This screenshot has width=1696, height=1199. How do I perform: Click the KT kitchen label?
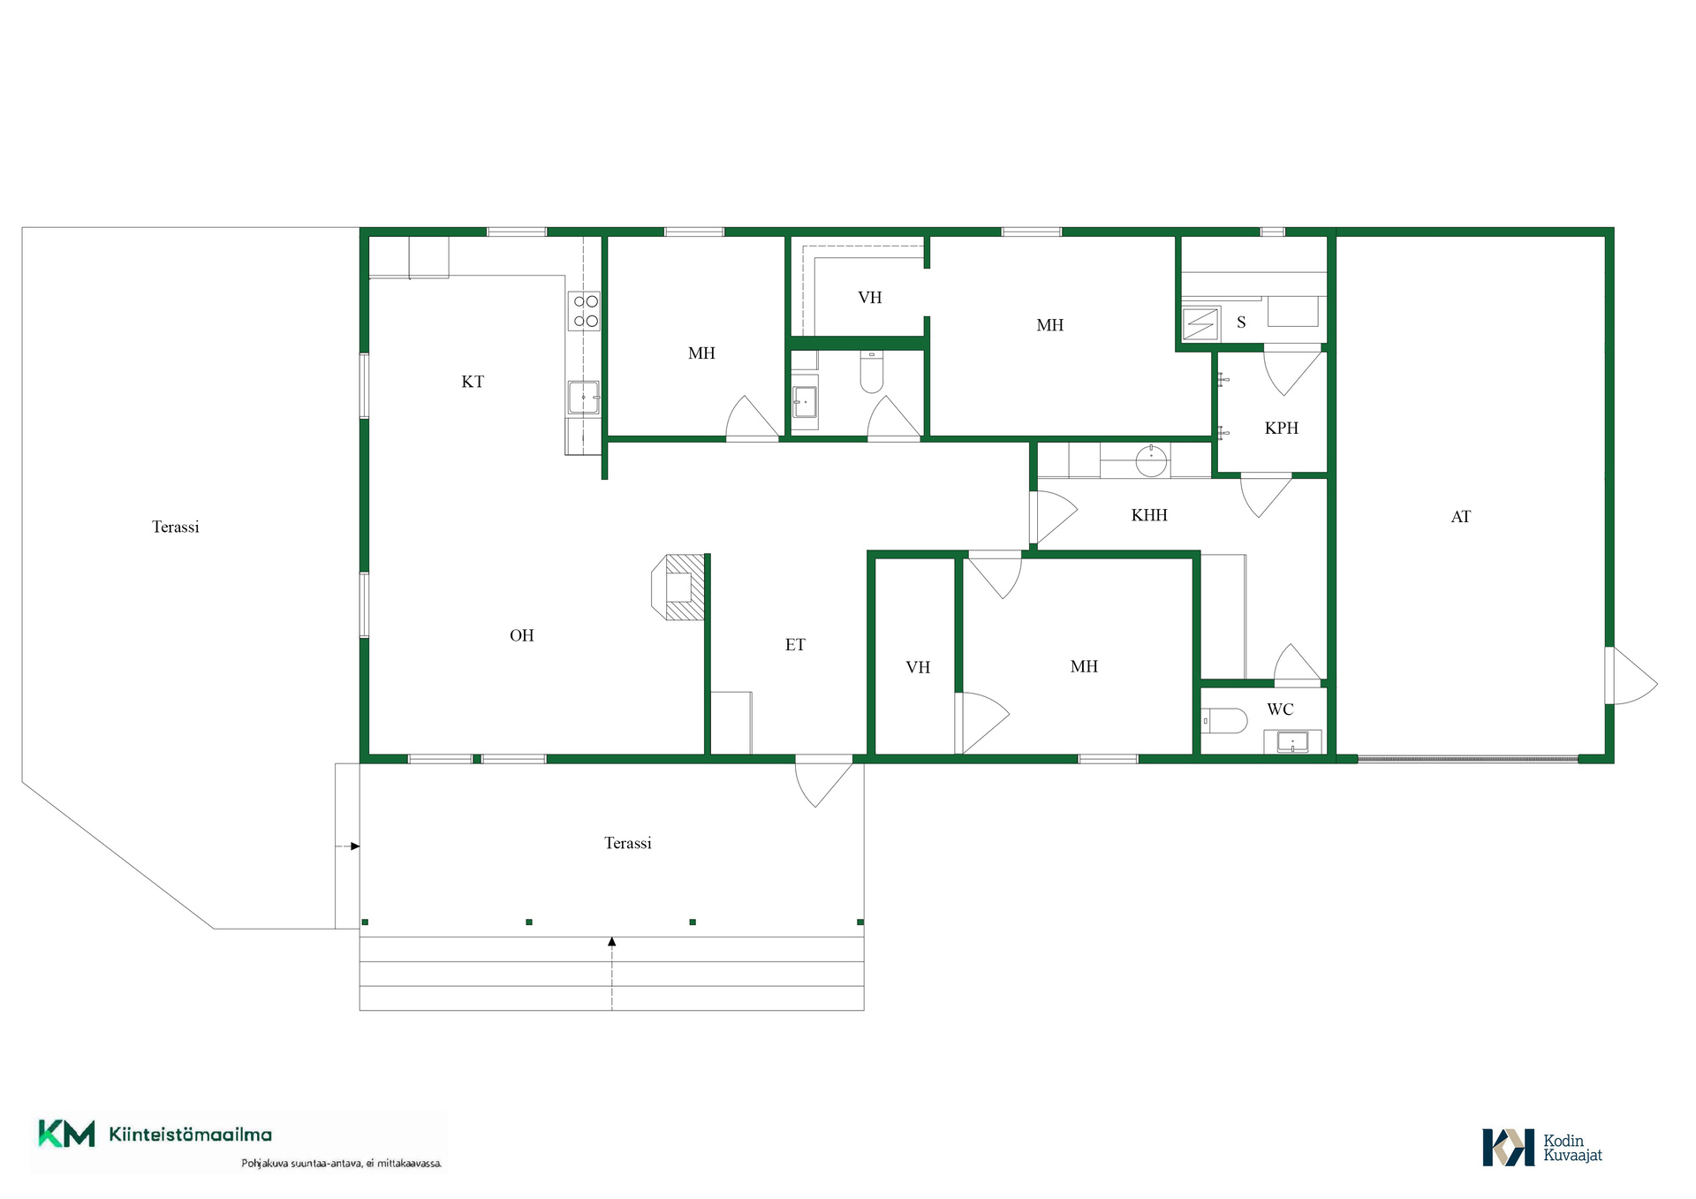(x=473, y=382)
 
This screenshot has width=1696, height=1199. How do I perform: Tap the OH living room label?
(x=522, y=635)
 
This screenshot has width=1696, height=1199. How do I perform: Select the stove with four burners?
(x=586, y=311)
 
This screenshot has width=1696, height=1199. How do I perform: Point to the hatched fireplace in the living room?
(x=678, y=587)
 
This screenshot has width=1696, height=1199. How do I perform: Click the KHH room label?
(x=1149, y=515)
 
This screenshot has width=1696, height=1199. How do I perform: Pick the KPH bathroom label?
(x=1282, y=429)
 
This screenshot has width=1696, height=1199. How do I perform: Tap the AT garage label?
(x=1461, y=517)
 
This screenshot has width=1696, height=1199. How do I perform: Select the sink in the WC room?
(x=1292, y=741)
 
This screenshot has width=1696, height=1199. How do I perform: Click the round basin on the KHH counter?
(x=1151, y=460)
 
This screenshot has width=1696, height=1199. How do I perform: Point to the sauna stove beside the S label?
(x=1200, y=324)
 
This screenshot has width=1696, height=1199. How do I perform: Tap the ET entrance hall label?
(x=795, y=645)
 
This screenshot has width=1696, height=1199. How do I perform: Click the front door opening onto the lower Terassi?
(x=824, y=781)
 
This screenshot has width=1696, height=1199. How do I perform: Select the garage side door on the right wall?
(x=1631, y=676)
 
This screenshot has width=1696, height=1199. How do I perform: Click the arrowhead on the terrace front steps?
(x=612, y=942)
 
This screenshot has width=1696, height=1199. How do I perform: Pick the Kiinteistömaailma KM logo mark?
(x=66, y=1134)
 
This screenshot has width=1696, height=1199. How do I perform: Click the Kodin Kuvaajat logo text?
(x=1572, y=1148)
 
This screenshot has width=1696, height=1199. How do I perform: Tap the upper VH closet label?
(x=870, y=298)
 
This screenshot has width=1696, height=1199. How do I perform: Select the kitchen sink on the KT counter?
(x=584, y=398)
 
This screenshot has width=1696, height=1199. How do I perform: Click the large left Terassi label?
(x=176, y=527)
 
